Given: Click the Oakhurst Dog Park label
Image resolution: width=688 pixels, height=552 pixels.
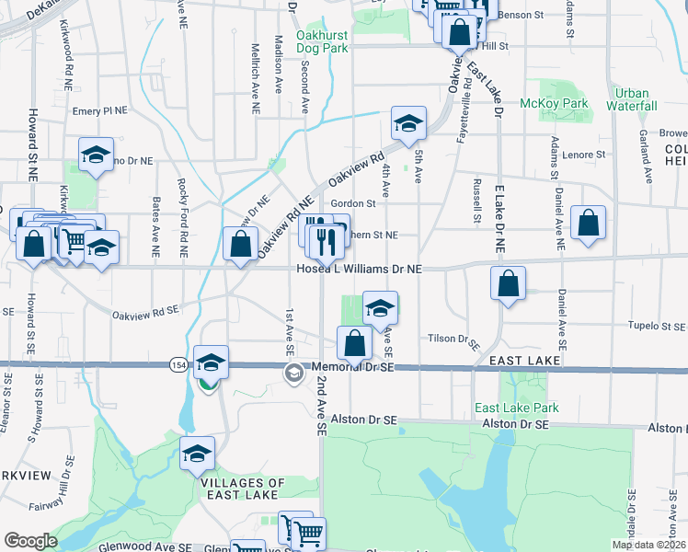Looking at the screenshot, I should click(x=322, y=41).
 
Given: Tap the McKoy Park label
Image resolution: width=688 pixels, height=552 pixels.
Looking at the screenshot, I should click(x=555, y=104).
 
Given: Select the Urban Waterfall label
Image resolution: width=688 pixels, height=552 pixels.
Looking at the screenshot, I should click(x=636, y=99).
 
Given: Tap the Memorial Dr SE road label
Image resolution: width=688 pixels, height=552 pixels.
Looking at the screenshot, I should click(x=353, y=366).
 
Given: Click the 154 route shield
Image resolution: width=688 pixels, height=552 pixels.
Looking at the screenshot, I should click(x=175, y=365).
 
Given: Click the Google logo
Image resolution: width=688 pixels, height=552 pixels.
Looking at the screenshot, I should click(x=30, y=540).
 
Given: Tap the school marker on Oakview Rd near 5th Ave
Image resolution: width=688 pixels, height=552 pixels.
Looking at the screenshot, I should click(x=408, y=122).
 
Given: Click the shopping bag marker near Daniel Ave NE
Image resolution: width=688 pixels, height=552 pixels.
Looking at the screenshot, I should click(x=588, y=224).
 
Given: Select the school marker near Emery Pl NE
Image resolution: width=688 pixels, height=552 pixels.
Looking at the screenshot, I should click(x=95, y=156).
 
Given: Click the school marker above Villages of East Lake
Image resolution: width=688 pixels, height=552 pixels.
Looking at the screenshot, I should click(x=196, y=454).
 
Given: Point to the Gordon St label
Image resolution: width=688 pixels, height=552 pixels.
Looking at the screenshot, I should click(x=354, y=203).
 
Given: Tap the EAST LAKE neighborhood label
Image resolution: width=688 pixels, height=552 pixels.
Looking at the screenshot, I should click(x=524, y=361).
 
